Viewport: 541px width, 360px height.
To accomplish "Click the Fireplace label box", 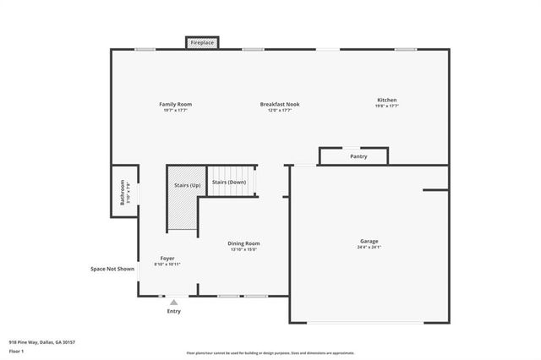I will pyautogui.click(x=202, y=42).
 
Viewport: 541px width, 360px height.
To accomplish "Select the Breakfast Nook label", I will pyautogui.click(x=279, y=104).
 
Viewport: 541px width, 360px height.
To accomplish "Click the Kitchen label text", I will pyautogui.click(x=386, y=101).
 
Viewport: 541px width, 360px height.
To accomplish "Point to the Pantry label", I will pyautogui.click(x=358, y=156).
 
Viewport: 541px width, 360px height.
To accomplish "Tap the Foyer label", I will pyautogui.click(x=167, y=258).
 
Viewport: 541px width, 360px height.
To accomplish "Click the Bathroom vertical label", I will pyautogui.click(x=123, y=194).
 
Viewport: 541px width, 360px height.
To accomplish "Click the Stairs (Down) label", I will pyautogui.click(x=229, y=182).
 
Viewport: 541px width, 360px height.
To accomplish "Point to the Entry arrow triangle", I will pyautogui.click(x=173, y=301).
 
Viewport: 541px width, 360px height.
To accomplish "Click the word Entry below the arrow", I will pyautogui.click(x=173, y=311).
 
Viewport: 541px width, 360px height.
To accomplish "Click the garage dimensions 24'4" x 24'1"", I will pyautogui.click(x=369, y=248).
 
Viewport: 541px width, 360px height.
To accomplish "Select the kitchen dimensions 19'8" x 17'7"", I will pyautogui.click(x=386, y=106).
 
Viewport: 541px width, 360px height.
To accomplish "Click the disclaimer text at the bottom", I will pyautogui.click(x=270, y=353).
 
